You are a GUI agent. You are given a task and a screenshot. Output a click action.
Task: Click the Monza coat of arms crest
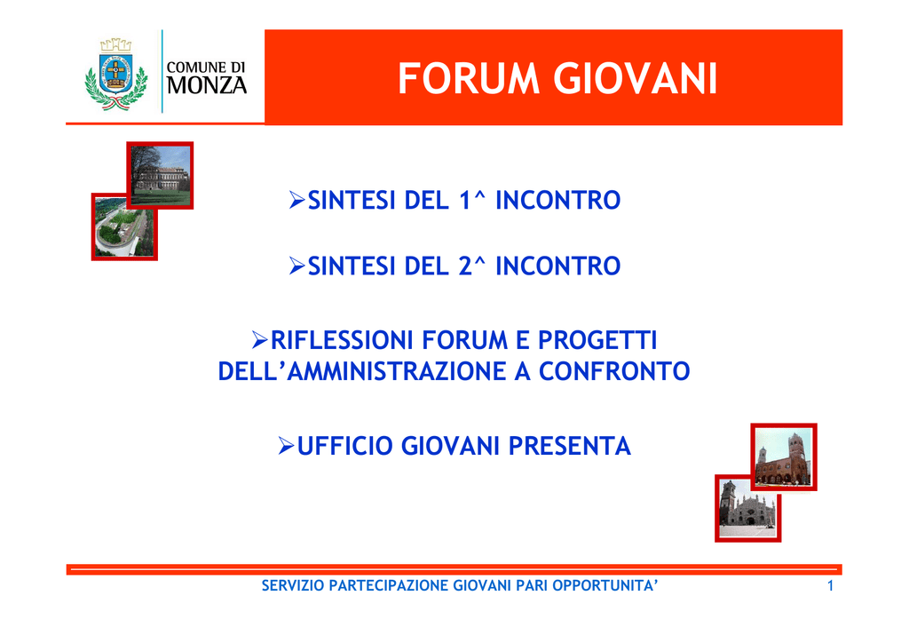116,75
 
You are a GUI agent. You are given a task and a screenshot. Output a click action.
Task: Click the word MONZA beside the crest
207,85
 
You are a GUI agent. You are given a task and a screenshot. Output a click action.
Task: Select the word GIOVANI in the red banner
636,78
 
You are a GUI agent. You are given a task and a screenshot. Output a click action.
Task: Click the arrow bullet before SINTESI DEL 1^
297,200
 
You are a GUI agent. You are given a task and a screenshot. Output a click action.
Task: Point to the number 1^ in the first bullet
472,200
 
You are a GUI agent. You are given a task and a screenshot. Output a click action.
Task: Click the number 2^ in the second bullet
472,266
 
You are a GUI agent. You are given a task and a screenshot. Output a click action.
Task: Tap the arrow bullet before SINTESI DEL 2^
297,266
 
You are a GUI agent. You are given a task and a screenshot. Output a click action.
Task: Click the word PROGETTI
597,340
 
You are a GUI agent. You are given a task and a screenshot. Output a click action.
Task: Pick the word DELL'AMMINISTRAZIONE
362,371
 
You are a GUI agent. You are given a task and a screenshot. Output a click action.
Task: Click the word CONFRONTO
614,371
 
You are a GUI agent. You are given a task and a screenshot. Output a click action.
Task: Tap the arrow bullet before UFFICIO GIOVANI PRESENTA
287,446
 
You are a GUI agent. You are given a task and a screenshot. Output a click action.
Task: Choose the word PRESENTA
569,446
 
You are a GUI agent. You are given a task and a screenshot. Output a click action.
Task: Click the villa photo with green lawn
161,175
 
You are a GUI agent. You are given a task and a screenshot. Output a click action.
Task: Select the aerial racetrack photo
124,227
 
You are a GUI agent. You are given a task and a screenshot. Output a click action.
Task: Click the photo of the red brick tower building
784,456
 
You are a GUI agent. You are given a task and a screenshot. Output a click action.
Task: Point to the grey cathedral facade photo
747,509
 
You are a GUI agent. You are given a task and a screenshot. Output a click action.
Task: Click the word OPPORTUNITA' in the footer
605,585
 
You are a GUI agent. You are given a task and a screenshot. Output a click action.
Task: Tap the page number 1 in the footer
830,586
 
